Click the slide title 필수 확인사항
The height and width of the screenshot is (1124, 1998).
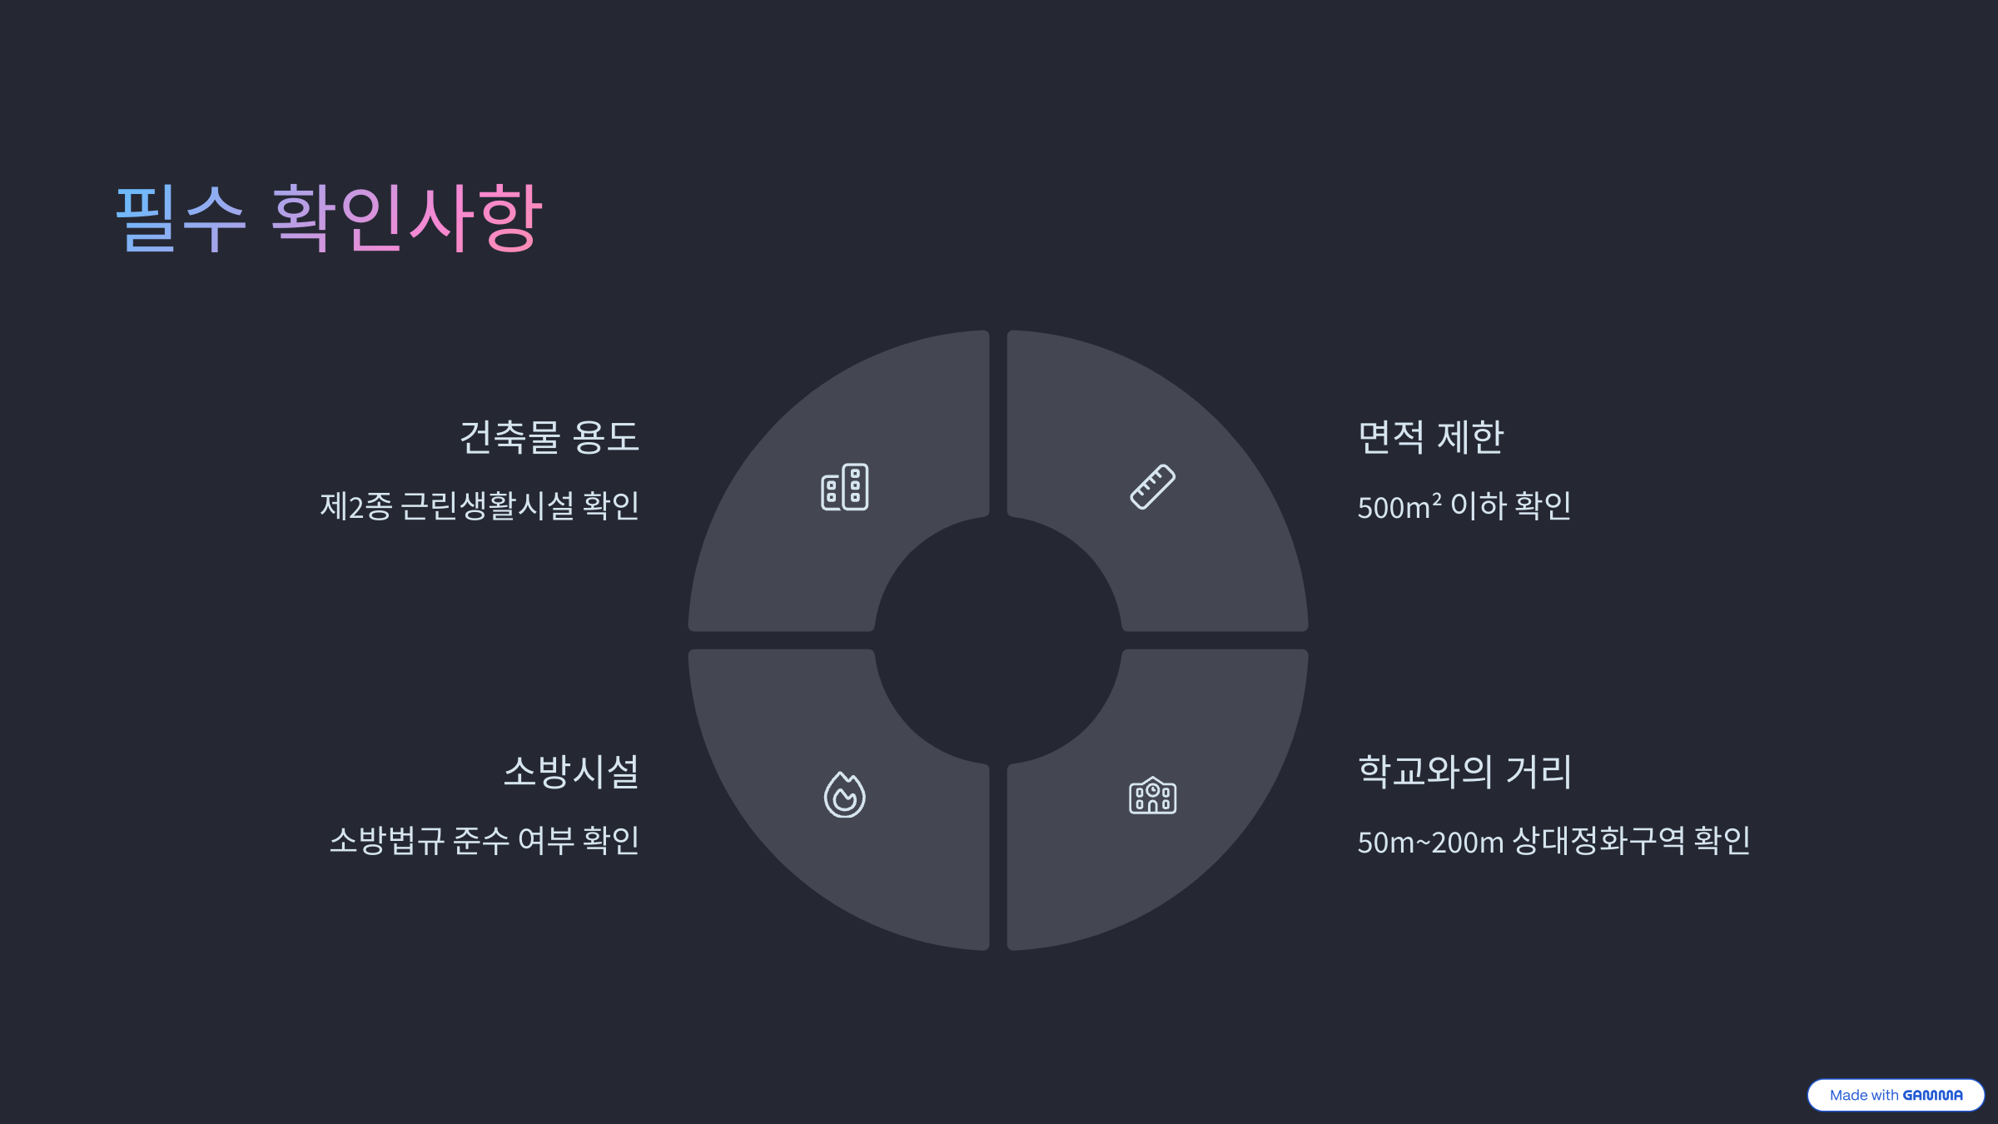(329, 217)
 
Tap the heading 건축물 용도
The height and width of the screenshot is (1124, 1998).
(549, 437)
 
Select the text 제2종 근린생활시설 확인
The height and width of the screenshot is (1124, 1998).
(480, 505)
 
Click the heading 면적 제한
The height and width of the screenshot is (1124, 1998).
(1430, 437)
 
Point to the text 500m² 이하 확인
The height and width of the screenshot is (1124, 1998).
(1464, 505)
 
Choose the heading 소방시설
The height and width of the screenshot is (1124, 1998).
(571, 772)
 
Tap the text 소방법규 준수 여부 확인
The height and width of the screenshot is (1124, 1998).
(485, 840)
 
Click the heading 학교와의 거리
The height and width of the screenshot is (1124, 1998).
(1464, 772)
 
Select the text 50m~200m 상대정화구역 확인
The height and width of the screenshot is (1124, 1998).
(1553, 841)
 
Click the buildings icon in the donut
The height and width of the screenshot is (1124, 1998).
(844, 487)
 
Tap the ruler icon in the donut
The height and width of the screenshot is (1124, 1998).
(1152, 487)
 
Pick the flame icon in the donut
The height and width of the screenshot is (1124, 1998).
(844, 795)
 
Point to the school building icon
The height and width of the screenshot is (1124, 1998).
(1152, 796)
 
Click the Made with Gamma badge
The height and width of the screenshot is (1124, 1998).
(1895, 1095)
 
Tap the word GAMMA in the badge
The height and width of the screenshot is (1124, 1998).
(1932, 1095)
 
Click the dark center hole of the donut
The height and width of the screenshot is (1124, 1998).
(998, 640)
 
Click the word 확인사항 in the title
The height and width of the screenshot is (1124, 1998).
(407, 217)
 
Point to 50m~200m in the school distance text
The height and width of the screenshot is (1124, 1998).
(1430, 842)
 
